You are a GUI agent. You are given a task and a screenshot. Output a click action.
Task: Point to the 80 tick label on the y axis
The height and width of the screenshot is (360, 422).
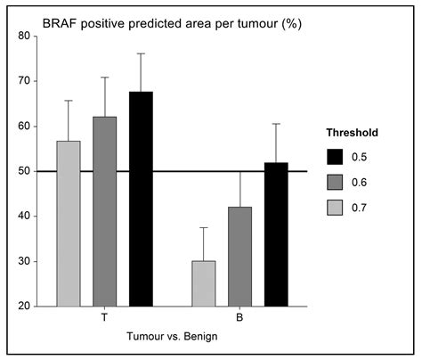pos(23,36)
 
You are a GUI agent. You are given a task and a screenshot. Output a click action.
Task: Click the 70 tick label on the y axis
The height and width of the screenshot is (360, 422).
pos(23,81)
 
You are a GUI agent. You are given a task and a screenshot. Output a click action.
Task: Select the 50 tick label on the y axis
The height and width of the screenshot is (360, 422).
pos(23,171)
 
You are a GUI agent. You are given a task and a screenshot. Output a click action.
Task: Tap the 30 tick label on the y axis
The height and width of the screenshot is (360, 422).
pos(23,261)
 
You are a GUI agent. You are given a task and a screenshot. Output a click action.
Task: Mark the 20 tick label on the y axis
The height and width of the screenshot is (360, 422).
pos(23,307)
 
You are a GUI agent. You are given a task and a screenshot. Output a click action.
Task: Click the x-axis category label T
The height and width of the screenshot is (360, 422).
pos(105,317)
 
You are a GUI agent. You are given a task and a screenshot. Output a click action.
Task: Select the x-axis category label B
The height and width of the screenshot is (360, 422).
pos(240,317)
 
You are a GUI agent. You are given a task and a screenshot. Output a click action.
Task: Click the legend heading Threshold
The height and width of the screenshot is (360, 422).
pos(353,132)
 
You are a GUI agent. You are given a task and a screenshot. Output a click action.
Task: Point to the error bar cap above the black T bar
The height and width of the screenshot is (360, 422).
pos(142,53)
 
